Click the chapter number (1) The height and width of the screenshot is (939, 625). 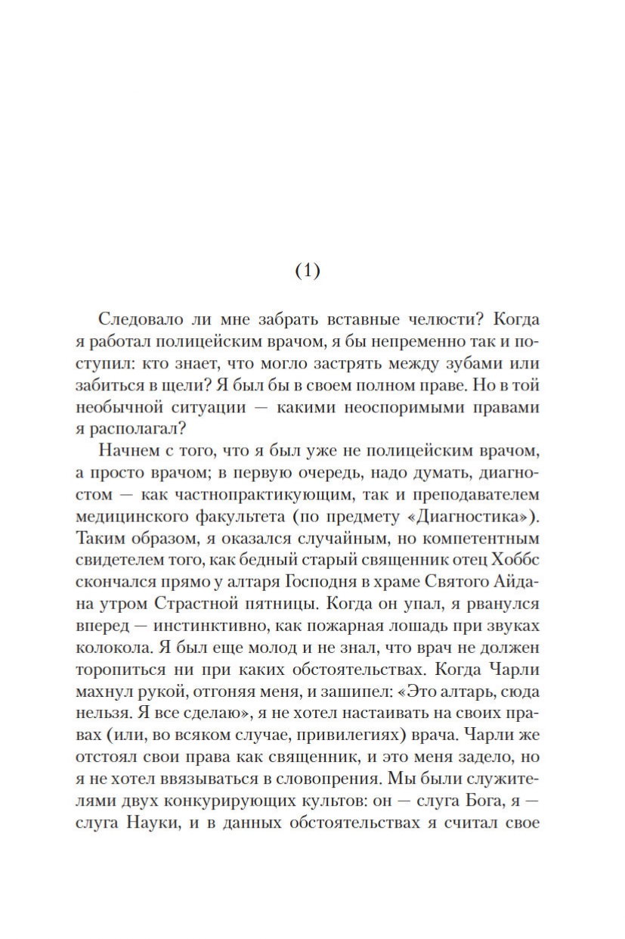pyautogui.click(x=307, y=272)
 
